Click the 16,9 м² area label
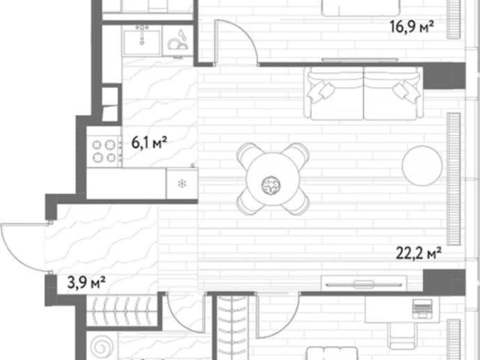click(412, 27)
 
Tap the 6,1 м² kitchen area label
click(149, 142)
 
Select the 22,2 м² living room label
click(418, 253)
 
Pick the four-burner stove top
click(104, 151)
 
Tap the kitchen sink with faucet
click(142, 40)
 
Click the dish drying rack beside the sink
click(178, 40)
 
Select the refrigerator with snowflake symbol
click(181, 183)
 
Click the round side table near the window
click(421, 165)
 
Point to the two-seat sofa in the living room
click(364, 93)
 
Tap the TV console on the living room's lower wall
click(364, 283)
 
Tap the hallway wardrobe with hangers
click(122, 310)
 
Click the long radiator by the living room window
click(454, 179)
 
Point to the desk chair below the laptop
click(399, 336)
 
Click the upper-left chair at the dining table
click(248, 154)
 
